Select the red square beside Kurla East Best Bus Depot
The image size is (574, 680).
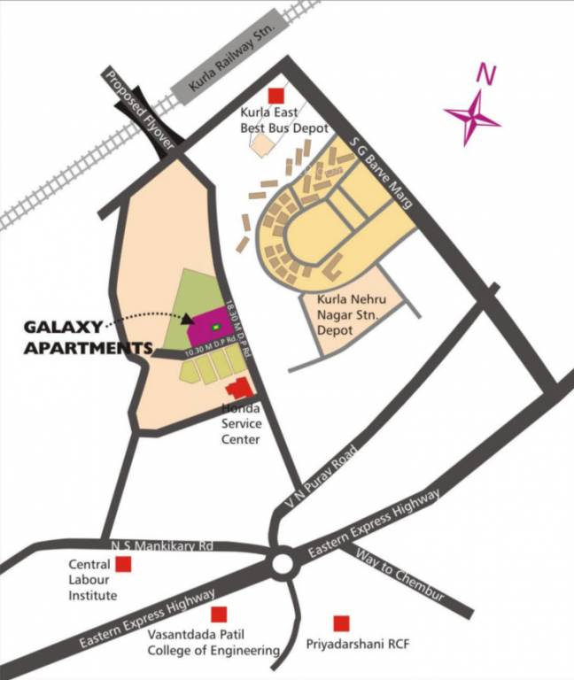(277, 95)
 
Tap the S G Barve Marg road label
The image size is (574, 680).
(382, 173)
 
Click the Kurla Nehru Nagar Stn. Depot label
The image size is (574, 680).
(354, 314)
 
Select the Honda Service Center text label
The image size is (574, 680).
(239, 424)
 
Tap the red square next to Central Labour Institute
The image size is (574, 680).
(124, 564)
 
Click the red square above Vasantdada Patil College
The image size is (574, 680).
(219, 614)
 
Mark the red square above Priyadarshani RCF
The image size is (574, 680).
(340, 623)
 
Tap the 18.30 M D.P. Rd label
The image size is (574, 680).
(234, 323)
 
